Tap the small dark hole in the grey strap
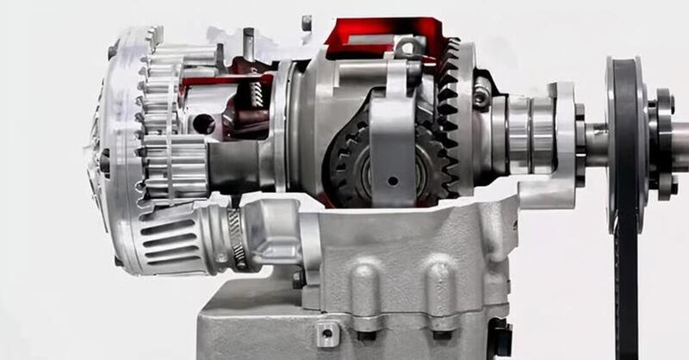[393, 180]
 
